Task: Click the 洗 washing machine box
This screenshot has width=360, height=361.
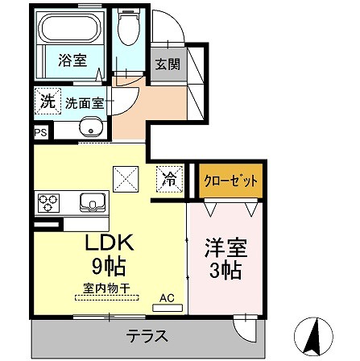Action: tap(47, 102)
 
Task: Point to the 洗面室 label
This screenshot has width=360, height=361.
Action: tap(81, 104)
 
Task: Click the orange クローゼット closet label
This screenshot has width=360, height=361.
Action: tap(231, 179)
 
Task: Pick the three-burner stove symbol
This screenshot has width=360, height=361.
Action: tap(48, 201)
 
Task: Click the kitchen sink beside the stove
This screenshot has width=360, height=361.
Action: tap(90, 201)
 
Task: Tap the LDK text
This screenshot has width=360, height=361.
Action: tap(109, 243)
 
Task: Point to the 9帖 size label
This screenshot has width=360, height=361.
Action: tap(109, 265)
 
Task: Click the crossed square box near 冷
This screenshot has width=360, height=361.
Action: tap(126, 177)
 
